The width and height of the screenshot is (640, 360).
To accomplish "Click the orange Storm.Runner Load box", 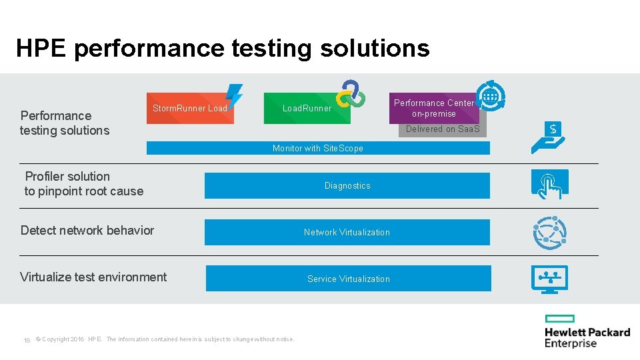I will [x=189, y=108].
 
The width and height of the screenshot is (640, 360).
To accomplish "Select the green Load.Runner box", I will [x=307, y=108].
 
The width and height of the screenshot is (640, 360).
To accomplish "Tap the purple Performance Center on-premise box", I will [x=433, y=108].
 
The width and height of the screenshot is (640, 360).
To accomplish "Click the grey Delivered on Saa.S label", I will [x=443, y=129].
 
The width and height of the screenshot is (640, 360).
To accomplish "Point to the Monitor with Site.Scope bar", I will [x=318, y=148].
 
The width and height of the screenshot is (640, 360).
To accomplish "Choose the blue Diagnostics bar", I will [x=347, y=185].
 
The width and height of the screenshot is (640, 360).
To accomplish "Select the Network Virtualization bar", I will [x=347, y=232].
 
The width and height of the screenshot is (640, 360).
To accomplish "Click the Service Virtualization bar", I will [x=348, y=279].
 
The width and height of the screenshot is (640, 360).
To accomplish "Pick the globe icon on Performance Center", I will [x=491, y=95].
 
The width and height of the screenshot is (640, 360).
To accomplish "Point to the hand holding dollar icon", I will [x=549, y=137].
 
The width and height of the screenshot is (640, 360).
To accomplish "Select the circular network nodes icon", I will [x=549, y=233].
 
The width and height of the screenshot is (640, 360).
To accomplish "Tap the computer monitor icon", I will [x=549, y=279].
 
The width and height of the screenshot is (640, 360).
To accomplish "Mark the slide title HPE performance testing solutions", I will [x=223, y=48].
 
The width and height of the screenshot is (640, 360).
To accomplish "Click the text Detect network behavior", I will [x=87, y=231].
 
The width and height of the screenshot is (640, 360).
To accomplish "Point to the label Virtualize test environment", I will [x=93, y=277].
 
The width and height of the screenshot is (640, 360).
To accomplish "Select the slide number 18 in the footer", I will [x=27, y=340].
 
